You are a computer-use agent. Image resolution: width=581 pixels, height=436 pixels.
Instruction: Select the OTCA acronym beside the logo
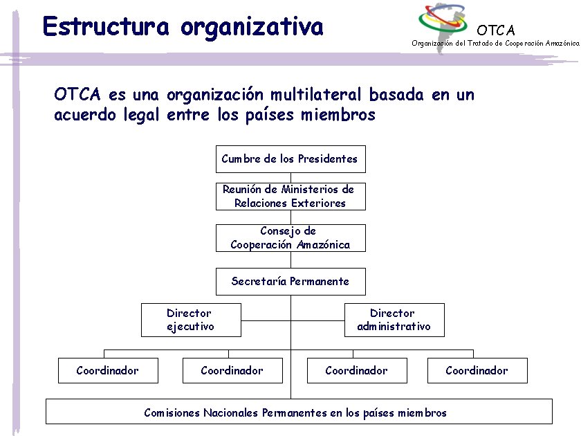(496, 30)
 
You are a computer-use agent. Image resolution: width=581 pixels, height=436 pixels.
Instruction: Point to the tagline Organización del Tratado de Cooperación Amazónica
(495, 43)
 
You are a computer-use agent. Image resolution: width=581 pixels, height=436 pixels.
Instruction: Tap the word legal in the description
(142, 115)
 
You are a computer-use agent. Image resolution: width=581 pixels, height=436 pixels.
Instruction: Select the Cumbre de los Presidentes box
(290, 159)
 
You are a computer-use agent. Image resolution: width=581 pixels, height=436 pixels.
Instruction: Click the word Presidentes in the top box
(328, 159)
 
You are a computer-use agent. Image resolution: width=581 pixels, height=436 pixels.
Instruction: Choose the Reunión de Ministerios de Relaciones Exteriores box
(290, 197)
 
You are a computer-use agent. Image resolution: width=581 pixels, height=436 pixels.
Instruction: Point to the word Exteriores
(318, 203)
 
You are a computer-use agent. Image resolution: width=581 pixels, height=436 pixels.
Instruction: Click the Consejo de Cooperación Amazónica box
(290, 238)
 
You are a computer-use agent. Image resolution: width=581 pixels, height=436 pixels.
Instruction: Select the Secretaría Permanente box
(290, 282)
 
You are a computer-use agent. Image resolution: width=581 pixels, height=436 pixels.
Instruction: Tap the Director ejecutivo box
(191, 320)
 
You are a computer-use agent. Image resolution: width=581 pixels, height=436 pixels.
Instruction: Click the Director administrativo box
(394, 320)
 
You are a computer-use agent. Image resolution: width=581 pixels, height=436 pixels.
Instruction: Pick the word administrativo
(394, 327)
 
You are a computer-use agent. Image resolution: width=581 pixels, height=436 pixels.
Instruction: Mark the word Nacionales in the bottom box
(231, 413)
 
